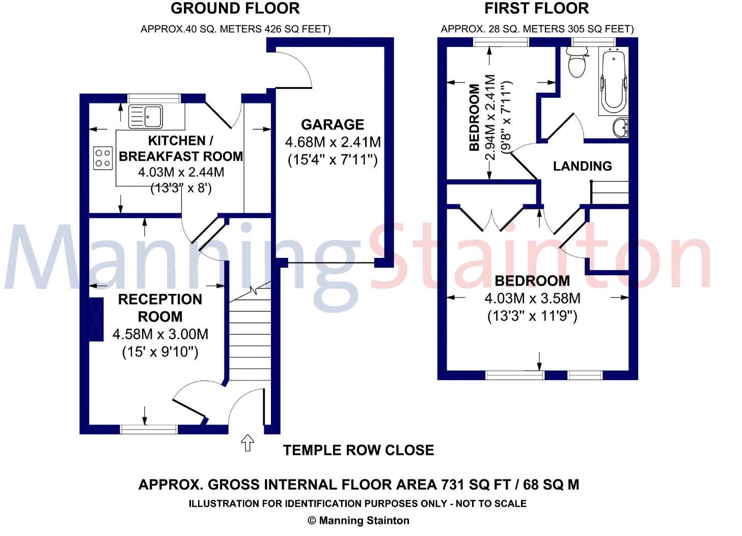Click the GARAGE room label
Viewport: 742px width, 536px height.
point(333,125)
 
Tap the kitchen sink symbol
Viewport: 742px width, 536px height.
point(146,116)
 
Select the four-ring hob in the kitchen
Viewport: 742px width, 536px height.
point(102,157)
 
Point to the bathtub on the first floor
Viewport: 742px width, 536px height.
point(613,82)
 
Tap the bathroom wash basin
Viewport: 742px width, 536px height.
point(621,127)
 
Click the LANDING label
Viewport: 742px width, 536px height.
point(582,166)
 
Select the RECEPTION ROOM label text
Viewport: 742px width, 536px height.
point(160,308)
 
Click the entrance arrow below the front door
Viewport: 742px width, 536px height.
point(248,443)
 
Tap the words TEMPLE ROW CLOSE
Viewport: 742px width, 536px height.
point(359,450)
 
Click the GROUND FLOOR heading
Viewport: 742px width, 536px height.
point(235,9)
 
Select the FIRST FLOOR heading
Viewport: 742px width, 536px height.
point(536,9)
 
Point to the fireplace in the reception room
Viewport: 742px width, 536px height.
point(96,319)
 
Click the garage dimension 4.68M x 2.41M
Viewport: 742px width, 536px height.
point(333,142)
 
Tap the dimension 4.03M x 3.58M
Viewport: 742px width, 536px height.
point(532,299)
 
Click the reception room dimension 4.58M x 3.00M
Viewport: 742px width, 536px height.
point(160,335)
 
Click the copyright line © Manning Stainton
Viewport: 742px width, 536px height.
point(358,521)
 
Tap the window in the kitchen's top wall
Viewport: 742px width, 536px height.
point(154,98)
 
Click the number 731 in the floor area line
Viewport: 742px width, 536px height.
point(455,485)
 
